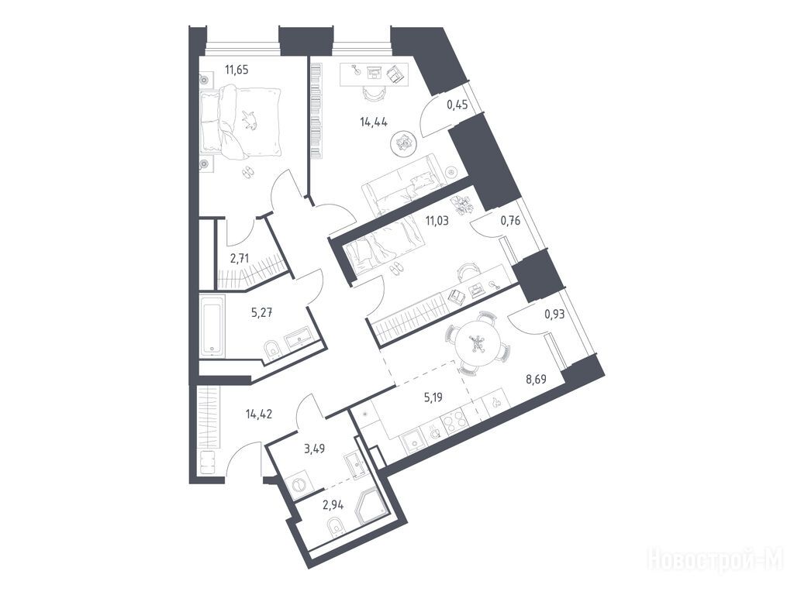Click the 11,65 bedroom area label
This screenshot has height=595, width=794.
[x=237, y=70]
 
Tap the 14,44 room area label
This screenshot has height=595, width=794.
[x=374, y=122]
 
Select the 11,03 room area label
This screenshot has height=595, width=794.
[x=437, y=221]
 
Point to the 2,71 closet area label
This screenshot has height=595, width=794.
[x=240, y=260]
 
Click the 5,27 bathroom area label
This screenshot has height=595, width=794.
[x=262, y=312]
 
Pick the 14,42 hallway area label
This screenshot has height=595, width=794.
[x=259, y=415]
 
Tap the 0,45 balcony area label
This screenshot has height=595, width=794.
[x=457, y=105]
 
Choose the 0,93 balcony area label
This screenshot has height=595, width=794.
[x=554, y=315]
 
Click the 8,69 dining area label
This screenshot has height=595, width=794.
[x=537, y=379]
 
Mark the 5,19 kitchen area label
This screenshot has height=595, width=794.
[x=433, y=397]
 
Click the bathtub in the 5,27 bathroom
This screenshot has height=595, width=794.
[x=211, y=325]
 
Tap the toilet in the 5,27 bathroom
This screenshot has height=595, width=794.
[x=273, y=349]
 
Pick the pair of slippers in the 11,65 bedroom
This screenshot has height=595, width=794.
[x=247, y=173]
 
